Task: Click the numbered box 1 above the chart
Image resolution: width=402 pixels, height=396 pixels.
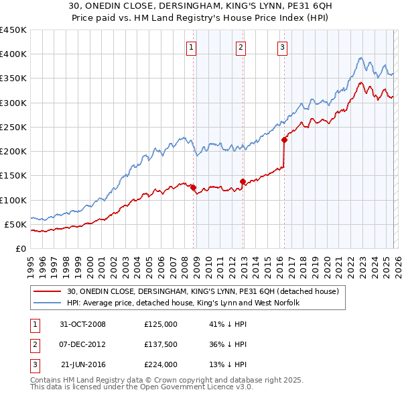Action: pos(192,47)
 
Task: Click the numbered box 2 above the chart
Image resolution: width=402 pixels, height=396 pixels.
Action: pos(241,47)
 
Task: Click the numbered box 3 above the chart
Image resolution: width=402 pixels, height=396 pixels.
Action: pos(282,47)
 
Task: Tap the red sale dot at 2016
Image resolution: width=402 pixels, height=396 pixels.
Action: pos(284,140)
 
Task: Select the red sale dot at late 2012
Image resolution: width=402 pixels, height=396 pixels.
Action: pos(243,181)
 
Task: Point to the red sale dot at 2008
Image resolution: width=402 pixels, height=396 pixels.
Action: pos(194,187)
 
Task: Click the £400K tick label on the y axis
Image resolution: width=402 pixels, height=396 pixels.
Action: pos(13,54)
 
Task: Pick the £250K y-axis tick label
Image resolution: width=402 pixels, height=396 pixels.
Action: pos(13,127)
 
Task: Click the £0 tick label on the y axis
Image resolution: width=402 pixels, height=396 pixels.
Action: pos(20,248)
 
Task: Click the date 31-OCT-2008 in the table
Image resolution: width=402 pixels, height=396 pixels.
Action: pos(82,324)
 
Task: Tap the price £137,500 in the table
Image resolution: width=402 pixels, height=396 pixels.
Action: pos(160,344)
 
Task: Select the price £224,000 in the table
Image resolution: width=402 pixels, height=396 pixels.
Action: pos(160,364)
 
